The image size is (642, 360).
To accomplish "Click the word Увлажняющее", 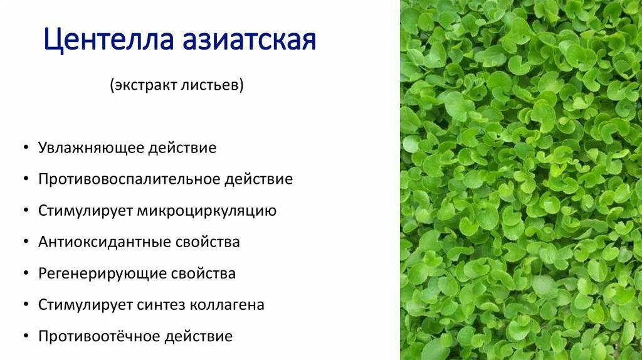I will point(90,148).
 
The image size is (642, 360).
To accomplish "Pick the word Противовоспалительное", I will point(129,179).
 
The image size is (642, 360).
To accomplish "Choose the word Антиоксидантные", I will point(103,242).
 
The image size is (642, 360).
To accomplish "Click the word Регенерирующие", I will point(102,273).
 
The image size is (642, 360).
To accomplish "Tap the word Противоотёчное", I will point(99,336).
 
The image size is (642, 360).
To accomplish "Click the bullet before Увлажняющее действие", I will point(24,149).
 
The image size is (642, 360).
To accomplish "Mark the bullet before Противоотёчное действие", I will point(24,337).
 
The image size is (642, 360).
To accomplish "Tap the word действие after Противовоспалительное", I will point(258,179).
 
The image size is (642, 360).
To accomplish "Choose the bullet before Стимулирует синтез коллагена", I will point(24,305).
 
